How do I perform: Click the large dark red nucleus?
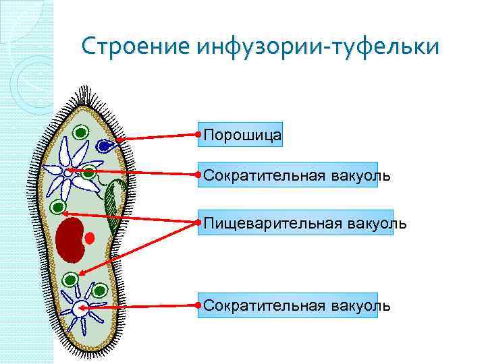click(x=70, y=239)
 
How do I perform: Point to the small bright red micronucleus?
click(x=89, y=238)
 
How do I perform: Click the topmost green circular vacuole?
click(x=80, y=133)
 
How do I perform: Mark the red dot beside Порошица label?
click(x=196, y=135)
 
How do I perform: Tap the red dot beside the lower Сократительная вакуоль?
click(x=196, y=305)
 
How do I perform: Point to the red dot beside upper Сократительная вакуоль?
click(x=196, y=175)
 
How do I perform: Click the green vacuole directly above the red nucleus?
click(x=57, y=207)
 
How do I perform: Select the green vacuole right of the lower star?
click(x=101, y=291)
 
